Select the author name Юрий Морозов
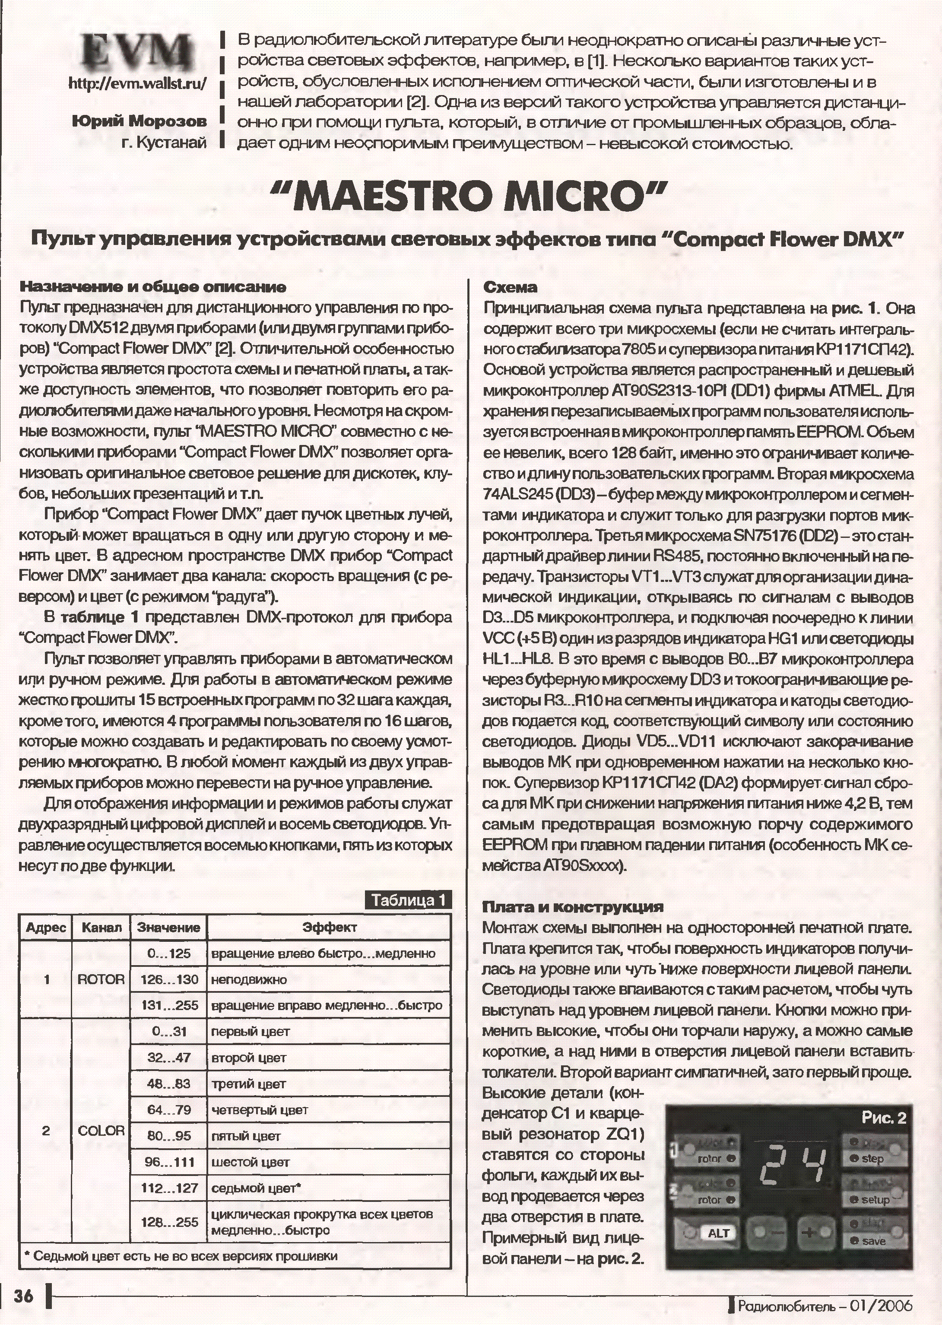tap(139, 121)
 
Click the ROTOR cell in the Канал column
tap(101, 979)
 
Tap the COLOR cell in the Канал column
tap(101, 1130)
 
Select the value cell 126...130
tap(169, 980)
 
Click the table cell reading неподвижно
tap(249, 980)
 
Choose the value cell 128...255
tap(169, 1222)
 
